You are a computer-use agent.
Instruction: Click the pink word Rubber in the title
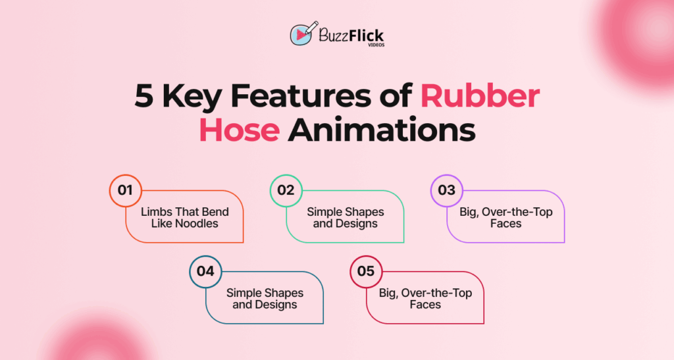[x=480, y=97]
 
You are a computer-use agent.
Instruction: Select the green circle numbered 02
[x=286, y=191]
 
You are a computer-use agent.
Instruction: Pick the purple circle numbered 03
[x=447, y=191]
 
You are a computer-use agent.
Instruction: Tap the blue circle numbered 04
[x=205, y=271]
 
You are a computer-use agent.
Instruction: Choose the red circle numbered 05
[x=366, y=271]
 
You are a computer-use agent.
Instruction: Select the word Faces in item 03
[x=505, y=224]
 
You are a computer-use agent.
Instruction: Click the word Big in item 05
[x=388, y=293]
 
